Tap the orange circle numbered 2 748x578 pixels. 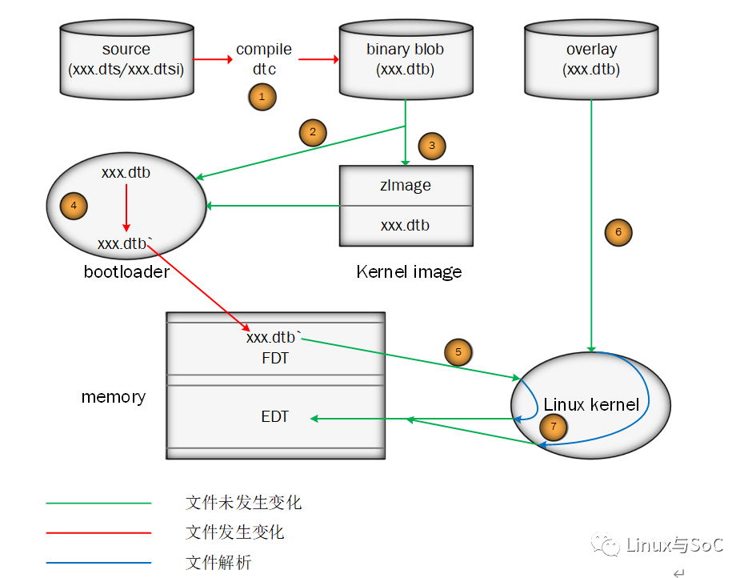313,132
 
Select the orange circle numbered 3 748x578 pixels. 432,146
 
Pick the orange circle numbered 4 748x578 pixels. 74,207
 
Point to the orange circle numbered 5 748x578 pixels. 458,351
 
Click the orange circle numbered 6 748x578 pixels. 618,232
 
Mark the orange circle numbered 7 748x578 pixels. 554,427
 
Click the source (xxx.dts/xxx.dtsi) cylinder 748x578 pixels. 126,60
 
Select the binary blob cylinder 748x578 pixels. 405,60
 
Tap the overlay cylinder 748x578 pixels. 591,60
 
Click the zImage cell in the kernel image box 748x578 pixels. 406,186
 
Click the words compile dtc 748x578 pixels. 264,59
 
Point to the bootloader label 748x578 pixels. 126,272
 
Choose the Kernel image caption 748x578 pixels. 409,272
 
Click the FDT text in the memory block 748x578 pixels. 274,358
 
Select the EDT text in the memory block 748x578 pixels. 274,417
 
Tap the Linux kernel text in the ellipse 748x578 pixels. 591,404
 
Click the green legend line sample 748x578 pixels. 98,504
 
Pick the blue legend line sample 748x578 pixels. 98,563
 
